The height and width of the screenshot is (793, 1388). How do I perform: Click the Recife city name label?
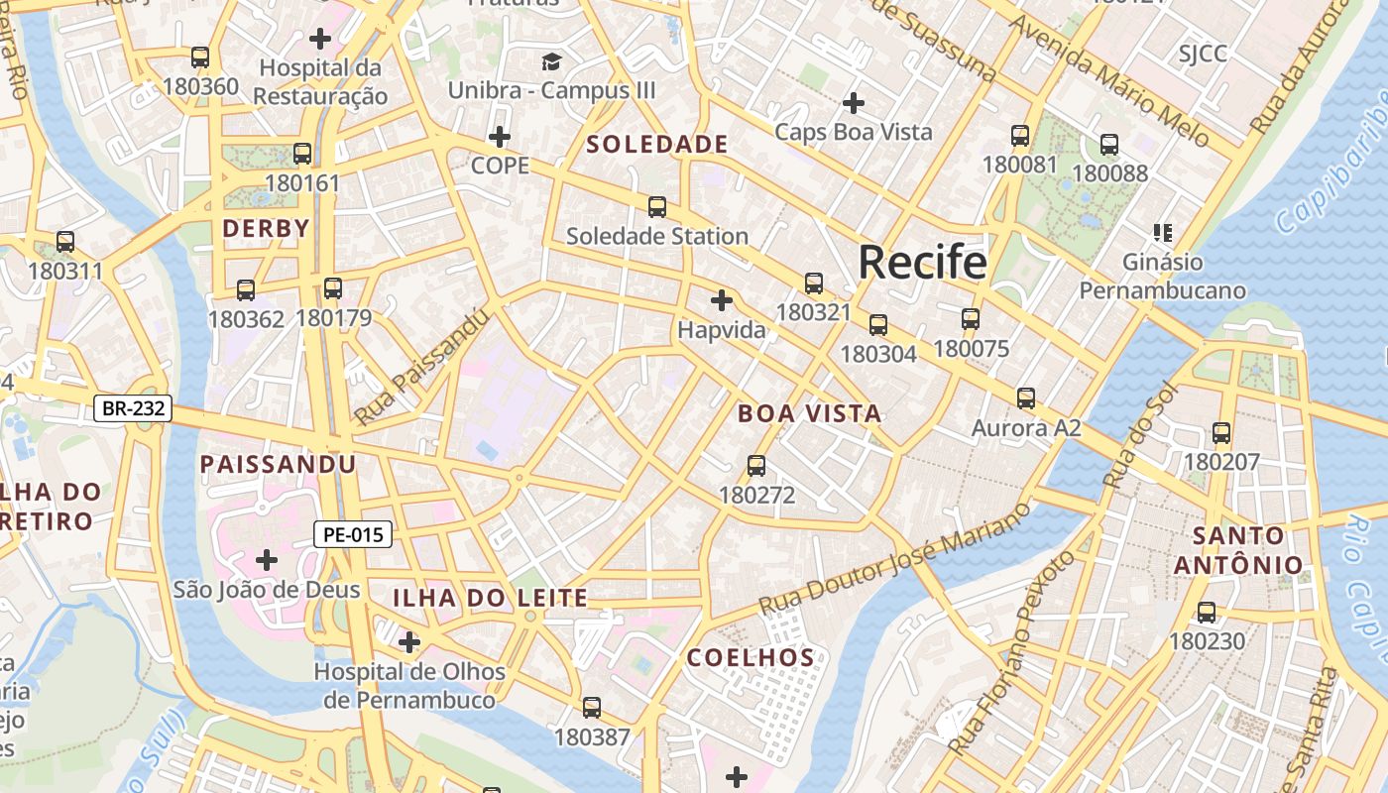[x=922, y=263]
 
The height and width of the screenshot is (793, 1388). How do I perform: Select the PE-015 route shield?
[x=354, y=534]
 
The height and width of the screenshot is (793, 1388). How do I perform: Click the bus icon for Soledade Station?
[x=656, y=207]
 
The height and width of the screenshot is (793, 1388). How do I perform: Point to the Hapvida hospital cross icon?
[x=722, y=299]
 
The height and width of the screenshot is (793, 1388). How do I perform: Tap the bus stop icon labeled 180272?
[x=756, y=466]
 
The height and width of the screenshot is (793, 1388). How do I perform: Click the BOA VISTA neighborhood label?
[x=810, y=414]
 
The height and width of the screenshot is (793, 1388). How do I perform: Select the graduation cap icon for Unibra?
[x=551, y=62]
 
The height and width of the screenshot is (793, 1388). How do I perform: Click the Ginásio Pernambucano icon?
[x=1163, y=233]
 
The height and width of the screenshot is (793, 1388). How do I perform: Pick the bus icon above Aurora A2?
[x=1025, y=398]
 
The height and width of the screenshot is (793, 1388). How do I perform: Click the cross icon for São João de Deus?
[x=266, y=560]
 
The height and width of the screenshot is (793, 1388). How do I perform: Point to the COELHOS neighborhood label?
[x=751, y=657]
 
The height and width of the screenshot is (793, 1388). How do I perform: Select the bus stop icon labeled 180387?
[x=592, y=708]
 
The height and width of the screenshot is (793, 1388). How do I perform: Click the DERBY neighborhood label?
[x=266, y=228]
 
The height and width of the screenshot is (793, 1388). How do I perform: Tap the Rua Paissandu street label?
[x=421, y=368]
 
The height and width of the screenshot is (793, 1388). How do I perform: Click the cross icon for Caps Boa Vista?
[x=853, y=102]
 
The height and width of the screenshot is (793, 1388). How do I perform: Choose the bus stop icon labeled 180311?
[x=65, y=242]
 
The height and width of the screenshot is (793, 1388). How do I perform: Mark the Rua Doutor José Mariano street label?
[x=894, y=559]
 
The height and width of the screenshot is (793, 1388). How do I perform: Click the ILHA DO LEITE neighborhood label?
[x=490, y=598]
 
